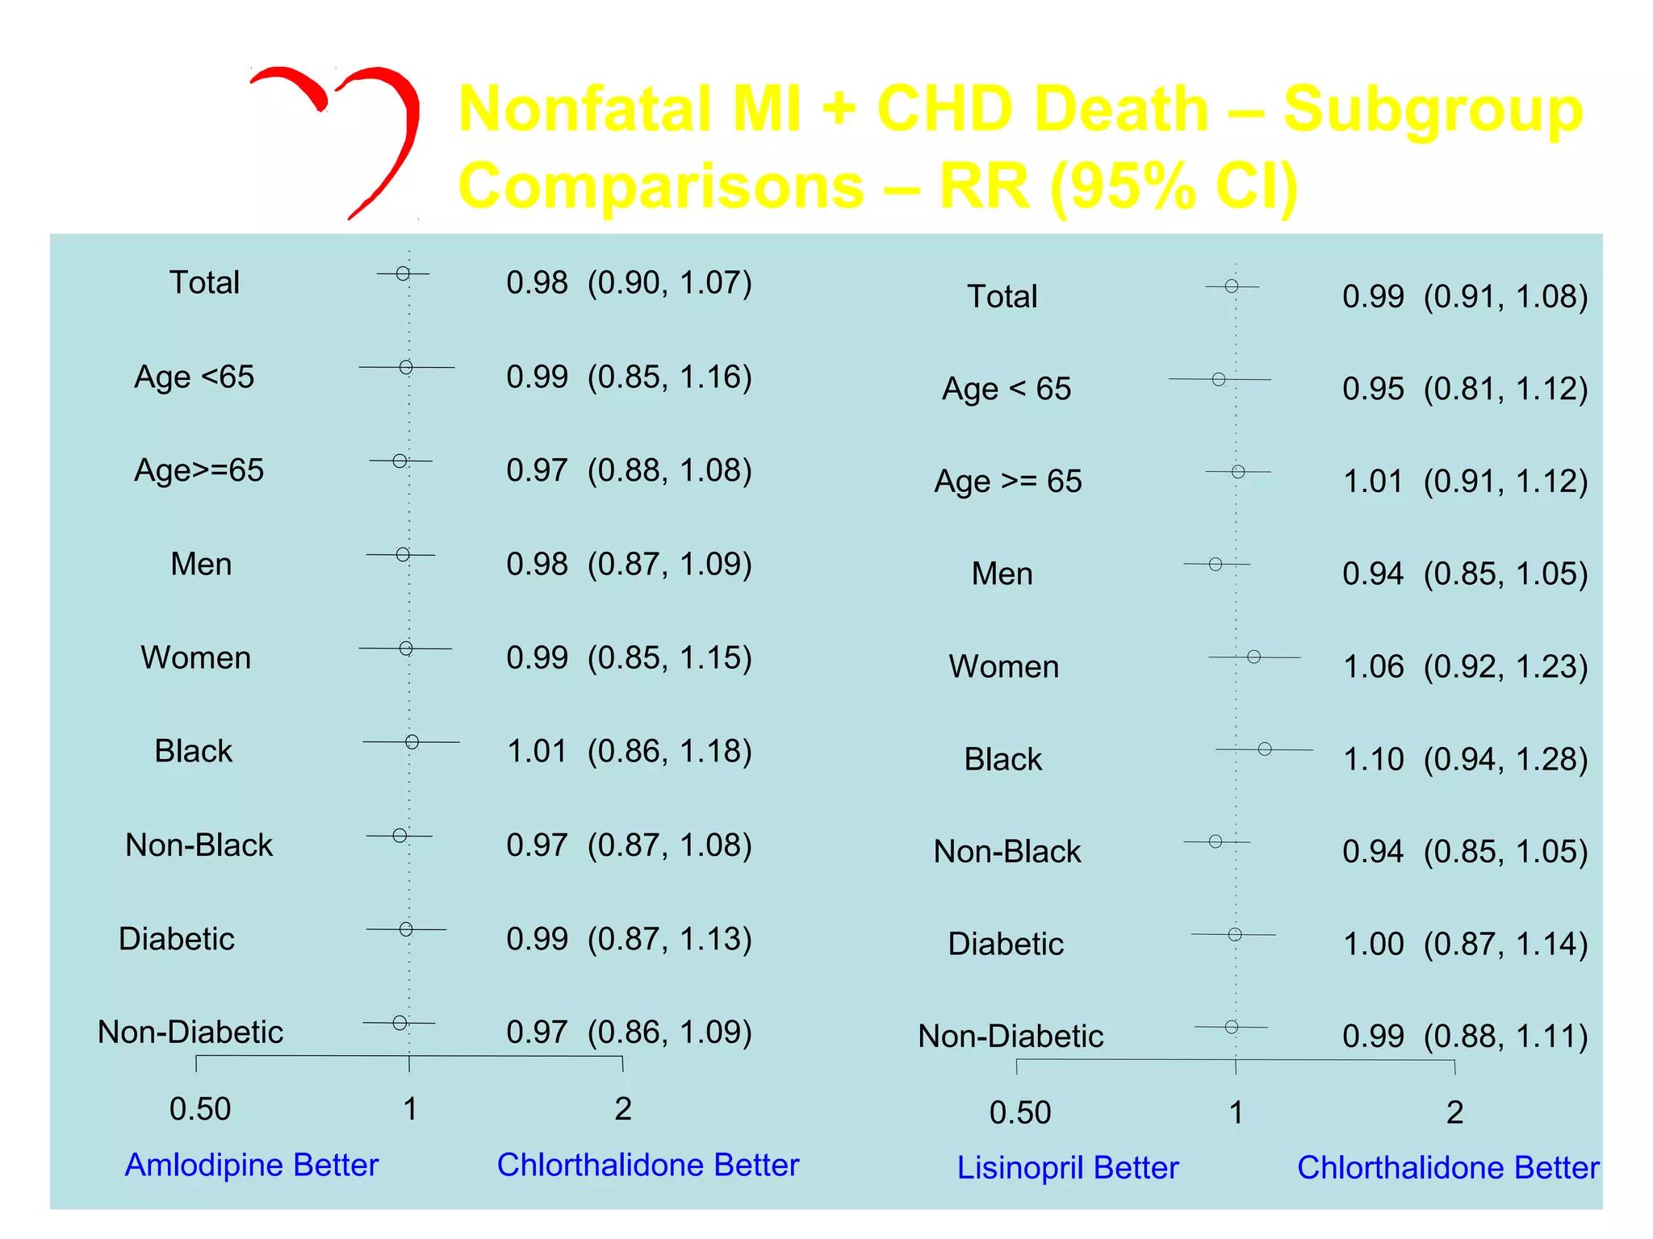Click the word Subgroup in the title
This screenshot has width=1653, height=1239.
pos(1433,110)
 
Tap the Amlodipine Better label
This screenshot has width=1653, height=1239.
pos(252,1165)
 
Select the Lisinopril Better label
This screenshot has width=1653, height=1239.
pos(1068,1168)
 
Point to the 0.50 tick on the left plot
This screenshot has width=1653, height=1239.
pos(200,1109)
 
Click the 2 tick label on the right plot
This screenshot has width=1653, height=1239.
pos(1454,1113)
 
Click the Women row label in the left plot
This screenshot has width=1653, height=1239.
pos(196,657)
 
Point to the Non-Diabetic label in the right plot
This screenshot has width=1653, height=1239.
pos(1011,1036)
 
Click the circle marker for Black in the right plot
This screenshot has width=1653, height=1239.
pos(1265,749)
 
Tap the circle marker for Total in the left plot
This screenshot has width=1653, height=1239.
pos(403,274)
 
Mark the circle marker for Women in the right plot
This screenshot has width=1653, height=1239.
pos(1253,657)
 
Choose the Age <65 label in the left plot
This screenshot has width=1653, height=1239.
pos(195,377)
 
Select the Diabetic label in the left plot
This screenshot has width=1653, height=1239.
pos(177,939)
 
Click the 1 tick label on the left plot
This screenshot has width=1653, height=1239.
pos(410,1109)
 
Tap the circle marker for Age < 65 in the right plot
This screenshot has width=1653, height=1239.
pos(1219,379)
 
